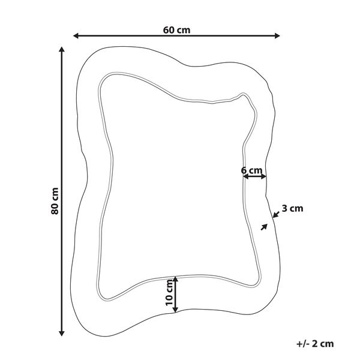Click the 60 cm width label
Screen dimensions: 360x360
(176, 30)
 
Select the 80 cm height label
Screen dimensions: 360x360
(55, 201)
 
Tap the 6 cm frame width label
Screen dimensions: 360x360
(251, 170)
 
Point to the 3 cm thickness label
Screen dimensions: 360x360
(292, 208)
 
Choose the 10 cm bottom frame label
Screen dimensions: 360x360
(169, 293)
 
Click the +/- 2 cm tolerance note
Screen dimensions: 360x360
(315, 344)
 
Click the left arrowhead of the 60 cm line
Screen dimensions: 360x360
(76, 36)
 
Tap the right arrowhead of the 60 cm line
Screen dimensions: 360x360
(277, 36)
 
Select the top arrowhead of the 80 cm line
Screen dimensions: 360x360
(62, 49)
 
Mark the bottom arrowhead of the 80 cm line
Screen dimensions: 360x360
(62, 334)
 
